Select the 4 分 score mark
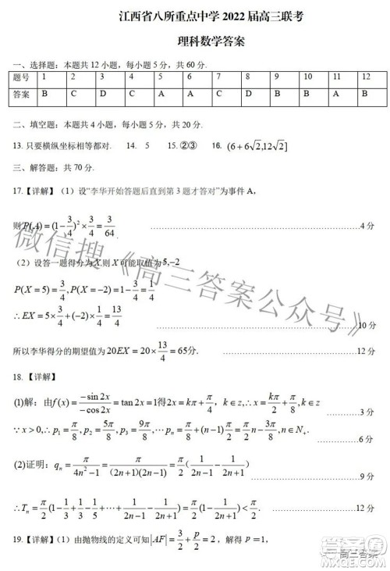(x=367, y=226)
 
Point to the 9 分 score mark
(x=367, y=476)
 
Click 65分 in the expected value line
(x=145, y=352)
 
